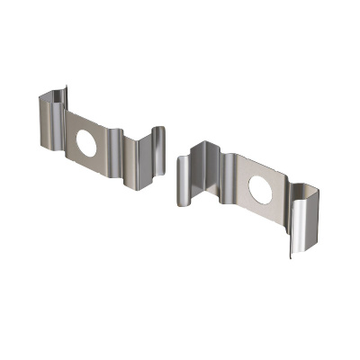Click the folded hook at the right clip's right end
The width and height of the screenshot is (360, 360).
[x=301, y=216]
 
